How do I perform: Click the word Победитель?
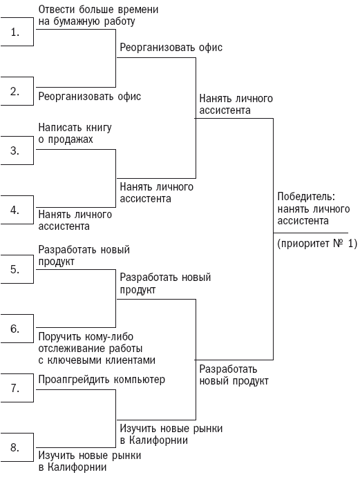point(306,197)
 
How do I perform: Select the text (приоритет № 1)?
point(317,244)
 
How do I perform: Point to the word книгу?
point(98,128)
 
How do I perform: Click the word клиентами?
point(131,360)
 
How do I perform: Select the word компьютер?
point(140,380)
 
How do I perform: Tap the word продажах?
point(70,139)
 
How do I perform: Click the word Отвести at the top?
point(57,10)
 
